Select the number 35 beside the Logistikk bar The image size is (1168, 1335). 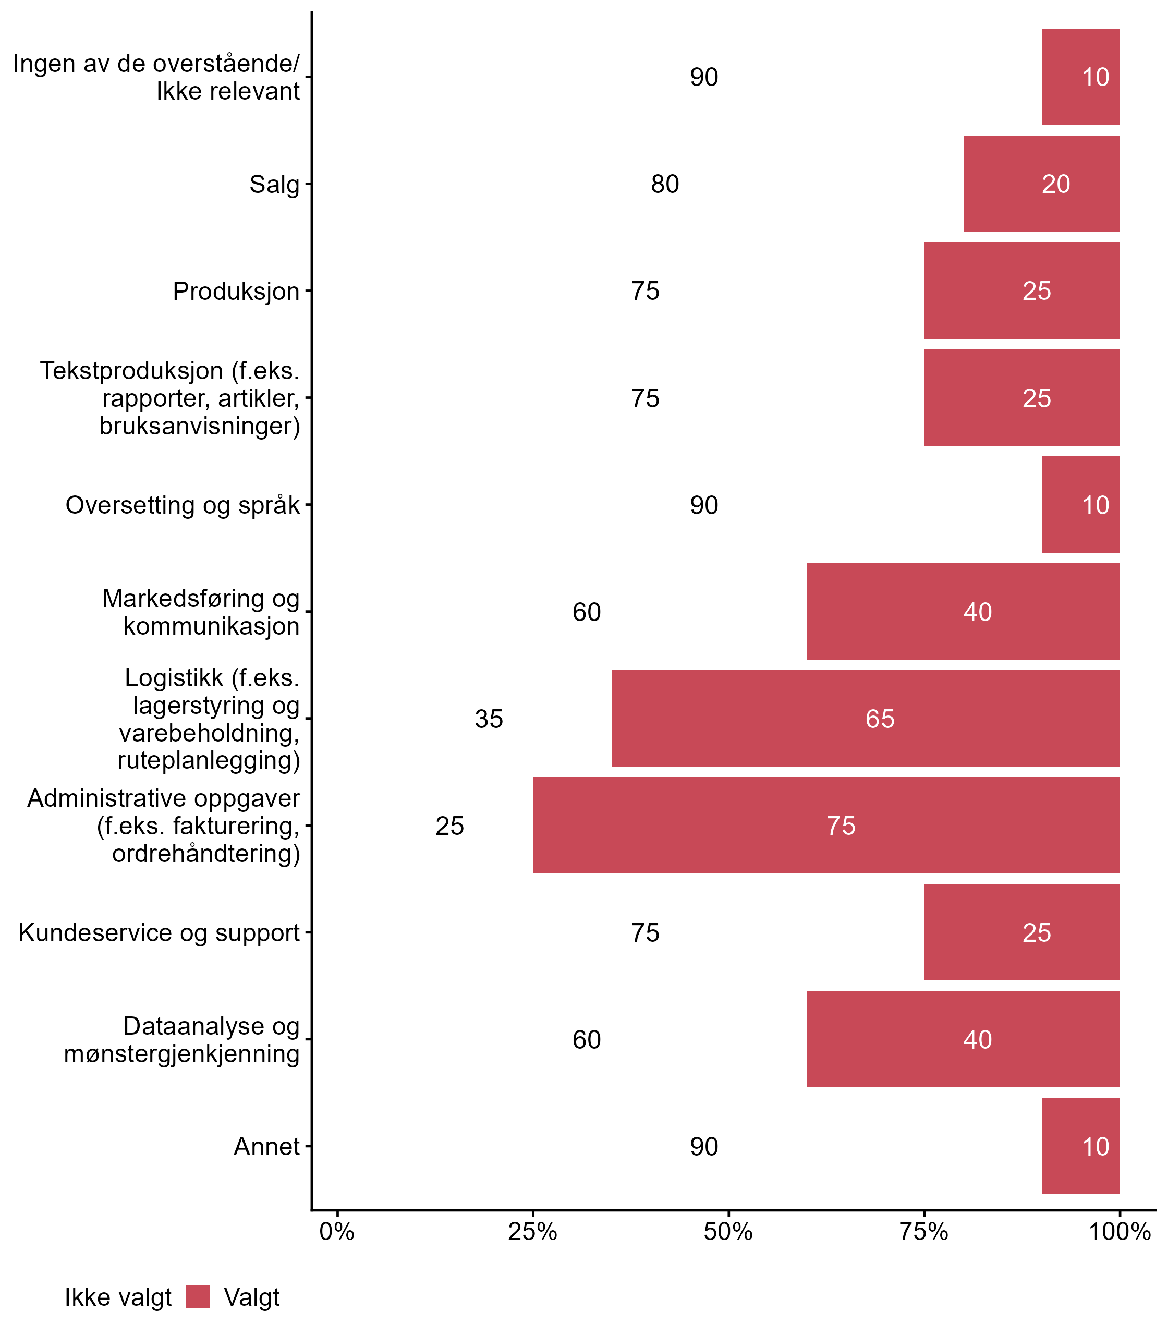[489, 719]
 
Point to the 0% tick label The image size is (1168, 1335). [337, 1232]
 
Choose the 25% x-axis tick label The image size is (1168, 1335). [532, 1232]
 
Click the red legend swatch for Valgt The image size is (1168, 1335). [198, 1296]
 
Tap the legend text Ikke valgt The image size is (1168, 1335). [118, 1297]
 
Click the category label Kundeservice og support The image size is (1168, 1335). [159, 933]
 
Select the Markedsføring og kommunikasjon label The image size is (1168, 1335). [201, 612]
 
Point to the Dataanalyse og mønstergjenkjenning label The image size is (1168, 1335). [182, 1040]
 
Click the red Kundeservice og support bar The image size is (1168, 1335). [1021, 932]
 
